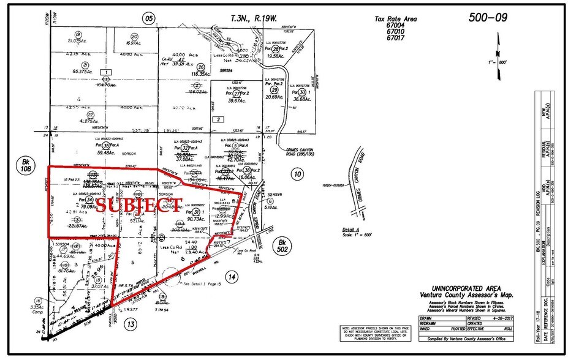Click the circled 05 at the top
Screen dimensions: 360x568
pyautogui.click(x=149, y=18)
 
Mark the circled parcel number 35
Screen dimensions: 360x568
pyautogui.click(x=107, y=146)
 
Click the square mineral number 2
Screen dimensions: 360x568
pyautogui.click(x=219, y=119)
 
